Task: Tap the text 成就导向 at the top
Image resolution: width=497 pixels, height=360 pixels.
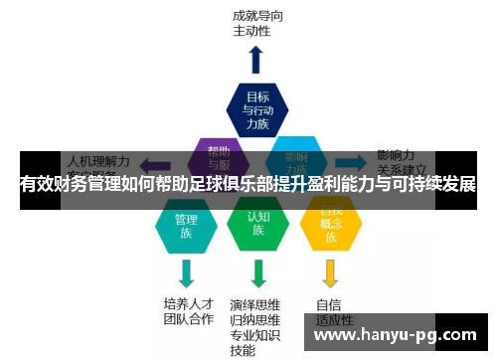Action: point(255,16)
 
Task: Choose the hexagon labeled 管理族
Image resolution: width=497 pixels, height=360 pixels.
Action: point(186,225)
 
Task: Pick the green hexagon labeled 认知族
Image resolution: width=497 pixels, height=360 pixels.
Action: point(257,225)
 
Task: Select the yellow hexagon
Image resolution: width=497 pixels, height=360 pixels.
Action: point(330,225)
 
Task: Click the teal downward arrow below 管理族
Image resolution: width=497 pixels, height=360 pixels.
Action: point(186,271)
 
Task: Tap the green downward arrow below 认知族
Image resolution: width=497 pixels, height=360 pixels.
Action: point(258,271)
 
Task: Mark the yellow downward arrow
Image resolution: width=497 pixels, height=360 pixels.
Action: point(330,271)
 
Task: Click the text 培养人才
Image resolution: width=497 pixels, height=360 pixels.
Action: point(188,304)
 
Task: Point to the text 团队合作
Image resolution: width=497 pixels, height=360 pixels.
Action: point(188,320)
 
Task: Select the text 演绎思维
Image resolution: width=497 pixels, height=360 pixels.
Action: point(254,304)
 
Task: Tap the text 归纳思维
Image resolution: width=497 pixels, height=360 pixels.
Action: point(254,320)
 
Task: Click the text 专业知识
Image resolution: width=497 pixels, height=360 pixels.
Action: point(254,335)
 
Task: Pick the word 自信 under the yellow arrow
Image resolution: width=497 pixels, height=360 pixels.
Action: point(329,304)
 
